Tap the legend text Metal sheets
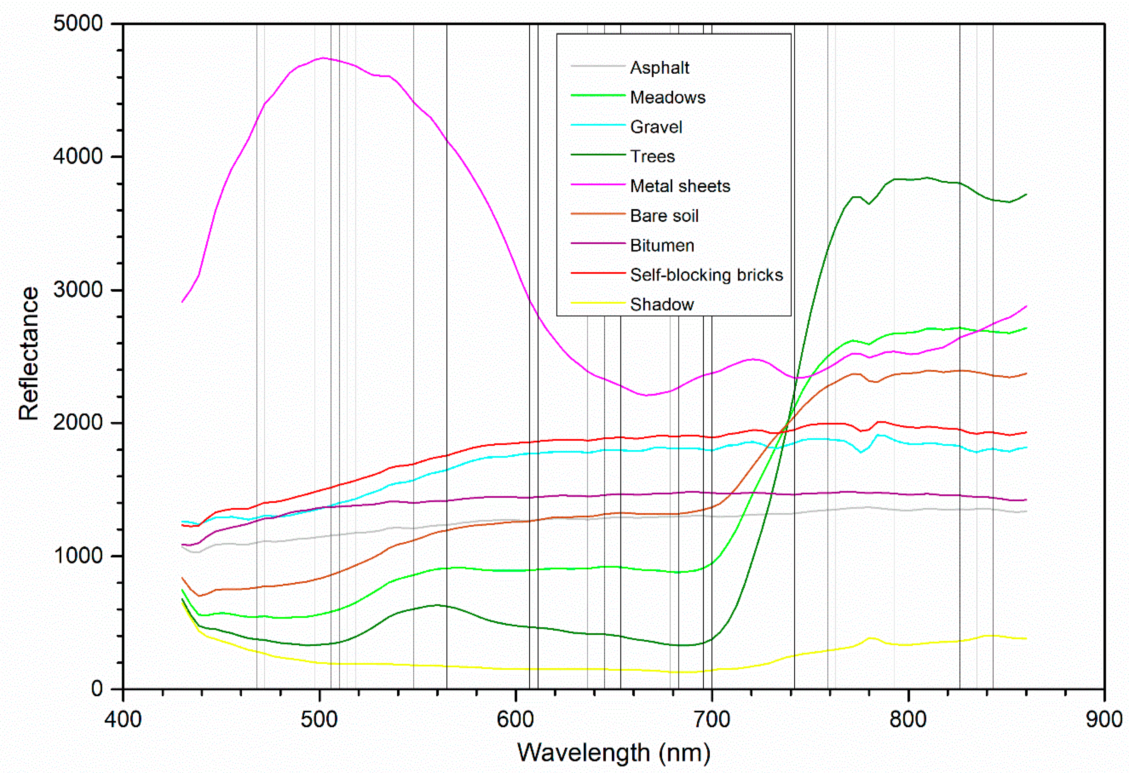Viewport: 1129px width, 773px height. [x=680, y=186]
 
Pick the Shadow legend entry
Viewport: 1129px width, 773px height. [x=662, y=305]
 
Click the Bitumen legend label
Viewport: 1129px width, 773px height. [x=662, y=246]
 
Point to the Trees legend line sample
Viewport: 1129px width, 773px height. [x=597, y=155]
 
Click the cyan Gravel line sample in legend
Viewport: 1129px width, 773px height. [x=597, y=125]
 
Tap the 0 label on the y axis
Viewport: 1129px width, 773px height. [x=97, y=688]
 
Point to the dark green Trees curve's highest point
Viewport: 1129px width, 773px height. [x=927, y=178]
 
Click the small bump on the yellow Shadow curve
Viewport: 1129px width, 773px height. [x=870, y=638]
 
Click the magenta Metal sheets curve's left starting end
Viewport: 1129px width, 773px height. [x=182, y=301]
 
